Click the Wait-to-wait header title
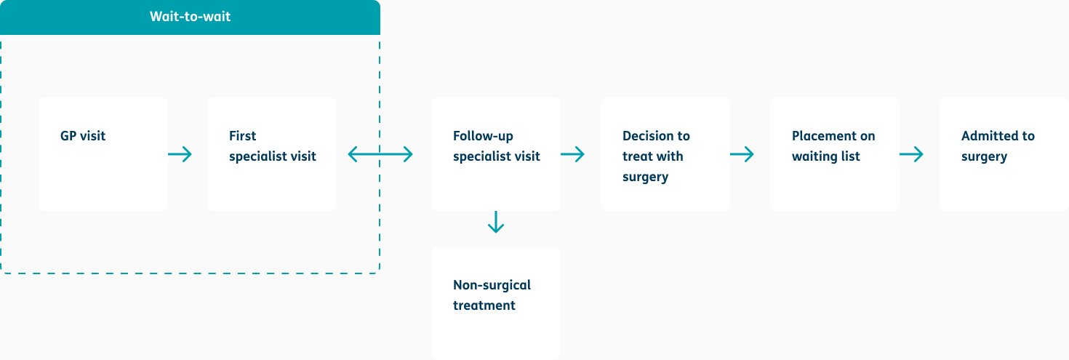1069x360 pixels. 190,16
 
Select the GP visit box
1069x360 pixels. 103,154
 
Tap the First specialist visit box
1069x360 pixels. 272,154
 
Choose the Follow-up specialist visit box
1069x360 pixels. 496,154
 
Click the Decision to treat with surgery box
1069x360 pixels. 665,154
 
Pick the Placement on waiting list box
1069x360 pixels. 834,154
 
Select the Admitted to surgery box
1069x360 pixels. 1004,154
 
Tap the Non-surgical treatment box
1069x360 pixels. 496,303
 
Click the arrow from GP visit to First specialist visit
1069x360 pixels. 180,154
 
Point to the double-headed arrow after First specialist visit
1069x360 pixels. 380,154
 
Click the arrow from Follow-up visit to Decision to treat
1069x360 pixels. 573,154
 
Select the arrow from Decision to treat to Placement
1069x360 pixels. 742,154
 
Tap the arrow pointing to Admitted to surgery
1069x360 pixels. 911,154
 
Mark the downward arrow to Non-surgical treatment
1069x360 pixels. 496,222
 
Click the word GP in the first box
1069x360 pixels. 68,136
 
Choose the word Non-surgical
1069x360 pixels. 492,285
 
